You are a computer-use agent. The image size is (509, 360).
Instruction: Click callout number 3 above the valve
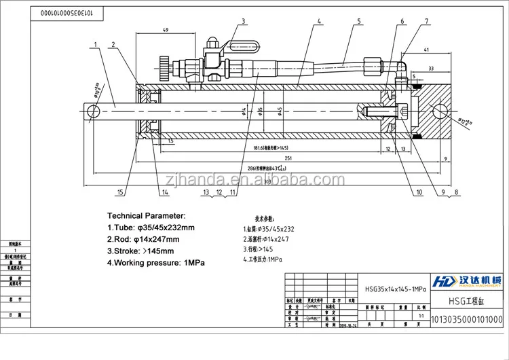pos(243,21)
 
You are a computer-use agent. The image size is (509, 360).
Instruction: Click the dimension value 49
pos(166,31)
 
